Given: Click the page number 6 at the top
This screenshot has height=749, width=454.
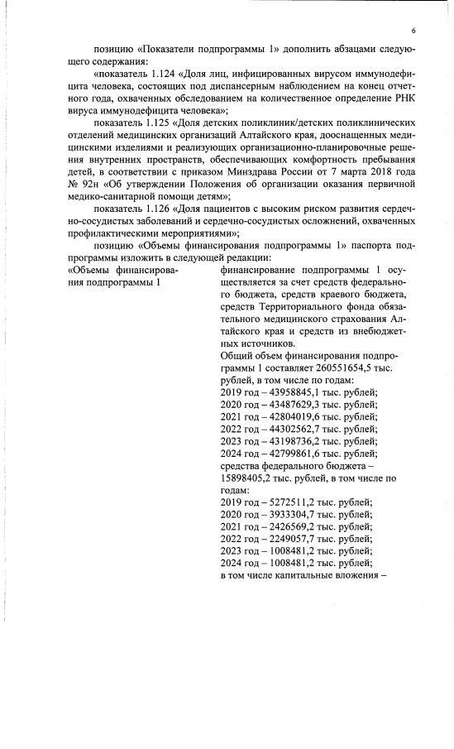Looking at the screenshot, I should point(411,31).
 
